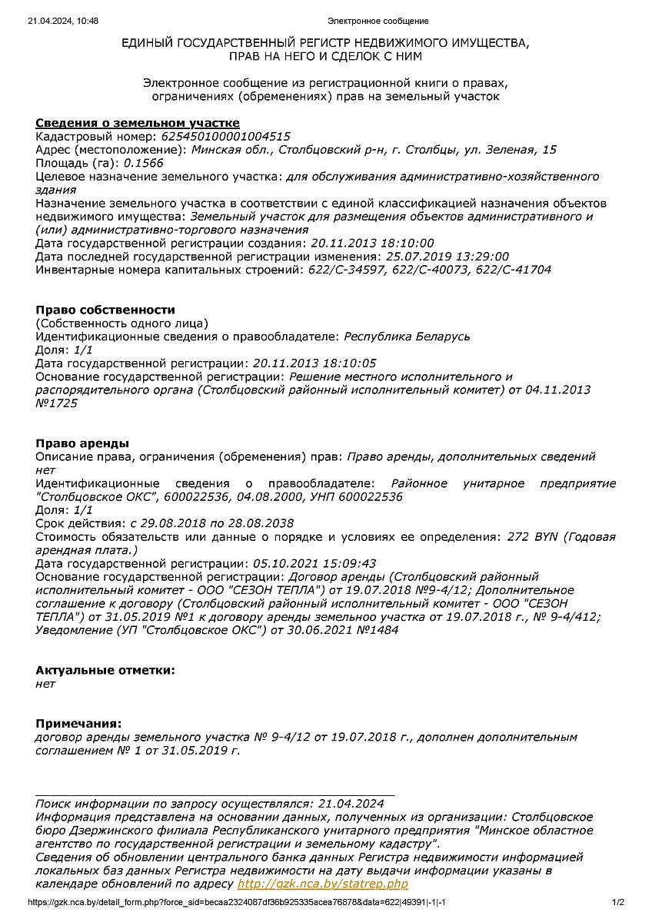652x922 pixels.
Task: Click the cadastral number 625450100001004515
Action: coord(225,137)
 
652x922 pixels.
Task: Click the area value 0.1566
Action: coord(144,163)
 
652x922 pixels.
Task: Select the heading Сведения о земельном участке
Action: coord(138,123)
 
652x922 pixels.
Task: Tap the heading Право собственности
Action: coord(105,310)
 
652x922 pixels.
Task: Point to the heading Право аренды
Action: coord(82,443)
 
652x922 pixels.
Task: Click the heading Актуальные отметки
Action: coord(105,670)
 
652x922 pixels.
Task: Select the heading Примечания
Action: coord(78,723)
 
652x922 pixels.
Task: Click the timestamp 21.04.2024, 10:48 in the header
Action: coord(63,21)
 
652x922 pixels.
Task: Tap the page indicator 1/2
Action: coord(618,902)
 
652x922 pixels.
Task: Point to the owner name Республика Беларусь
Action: coord(407,337)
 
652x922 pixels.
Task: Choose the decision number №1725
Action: coord(57,403)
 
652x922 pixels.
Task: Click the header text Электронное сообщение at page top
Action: coord(378,21)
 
